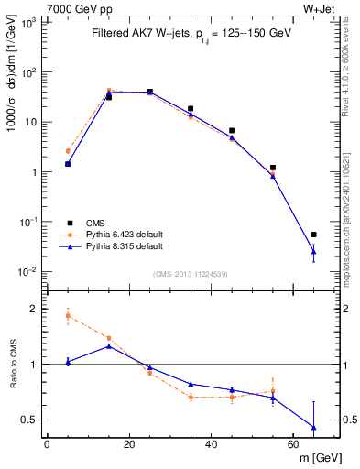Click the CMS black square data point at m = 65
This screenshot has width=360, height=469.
314,234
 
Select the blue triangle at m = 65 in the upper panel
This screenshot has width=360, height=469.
314,251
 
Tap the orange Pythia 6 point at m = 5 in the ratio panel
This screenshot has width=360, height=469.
68,316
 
